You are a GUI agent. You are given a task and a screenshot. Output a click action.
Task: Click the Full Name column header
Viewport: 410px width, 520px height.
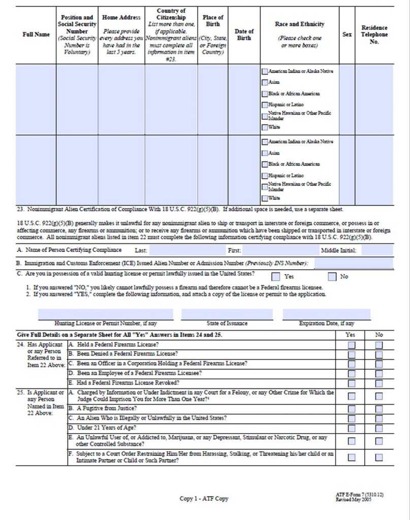coord(36,35)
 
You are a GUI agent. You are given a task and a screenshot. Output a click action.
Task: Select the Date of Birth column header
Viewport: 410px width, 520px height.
coord(244,35)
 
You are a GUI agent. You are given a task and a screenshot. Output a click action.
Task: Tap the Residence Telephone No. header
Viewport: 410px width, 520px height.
coord(374,35)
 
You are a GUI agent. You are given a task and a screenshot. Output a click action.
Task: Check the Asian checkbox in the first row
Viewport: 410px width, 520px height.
coord(265,82)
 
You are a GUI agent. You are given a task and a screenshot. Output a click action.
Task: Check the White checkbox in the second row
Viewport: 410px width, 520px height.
coord(265,198)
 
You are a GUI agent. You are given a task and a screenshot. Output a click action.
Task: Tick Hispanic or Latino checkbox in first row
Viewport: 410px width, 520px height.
coord(265,105)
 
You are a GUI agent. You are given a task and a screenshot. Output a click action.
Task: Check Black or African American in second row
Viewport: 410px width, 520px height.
coord(265,164)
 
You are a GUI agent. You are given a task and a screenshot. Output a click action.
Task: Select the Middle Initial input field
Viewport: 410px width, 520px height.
coord(377,250)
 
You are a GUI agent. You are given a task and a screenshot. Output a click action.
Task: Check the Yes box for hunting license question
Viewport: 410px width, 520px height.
coord(275,277)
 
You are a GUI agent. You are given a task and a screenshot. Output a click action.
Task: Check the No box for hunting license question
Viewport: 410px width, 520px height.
coord(332,277)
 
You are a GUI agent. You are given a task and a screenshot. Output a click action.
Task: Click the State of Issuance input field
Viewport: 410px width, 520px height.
coord(227,314)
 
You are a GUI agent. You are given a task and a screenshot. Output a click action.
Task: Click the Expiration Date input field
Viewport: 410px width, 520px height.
coord(326,314)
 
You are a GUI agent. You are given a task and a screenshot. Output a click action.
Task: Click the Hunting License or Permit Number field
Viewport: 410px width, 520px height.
coord(105,314)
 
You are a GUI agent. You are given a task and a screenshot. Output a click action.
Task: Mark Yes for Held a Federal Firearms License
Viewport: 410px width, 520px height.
coord(351,345)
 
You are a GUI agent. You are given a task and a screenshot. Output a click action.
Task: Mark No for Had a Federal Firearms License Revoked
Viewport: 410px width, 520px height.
coord(379,383)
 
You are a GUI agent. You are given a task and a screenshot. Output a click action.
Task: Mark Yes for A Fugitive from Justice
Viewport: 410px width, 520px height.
coord(351,408)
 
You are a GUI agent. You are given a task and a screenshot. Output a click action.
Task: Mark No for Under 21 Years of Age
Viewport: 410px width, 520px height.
coord(379,428)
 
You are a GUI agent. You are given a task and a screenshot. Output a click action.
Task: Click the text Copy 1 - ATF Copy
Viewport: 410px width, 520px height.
coord(204,499)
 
